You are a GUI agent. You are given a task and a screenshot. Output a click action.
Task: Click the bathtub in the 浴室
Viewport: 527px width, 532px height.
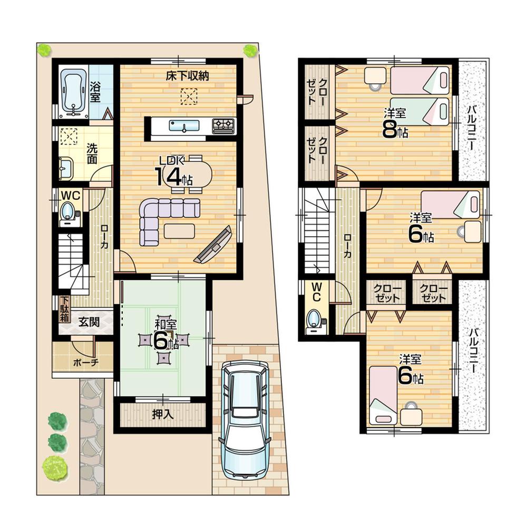click(x=73, y=91)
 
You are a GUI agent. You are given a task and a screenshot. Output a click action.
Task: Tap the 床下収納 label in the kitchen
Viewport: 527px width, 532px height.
click(x=188, y=76)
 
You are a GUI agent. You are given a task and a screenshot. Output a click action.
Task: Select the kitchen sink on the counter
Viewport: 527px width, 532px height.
click(x=184, y=125)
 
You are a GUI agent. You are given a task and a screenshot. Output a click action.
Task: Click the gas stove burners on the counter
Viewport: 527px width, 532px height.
click(x=223, y=125)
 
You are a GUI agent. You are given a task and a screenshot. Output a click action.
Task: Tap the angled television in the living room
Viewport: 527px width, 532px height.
click(x=213, y=246)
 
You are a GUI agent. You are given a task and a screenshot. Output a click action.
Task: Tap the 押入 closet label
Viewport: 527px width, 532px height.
click(x=163, y=414)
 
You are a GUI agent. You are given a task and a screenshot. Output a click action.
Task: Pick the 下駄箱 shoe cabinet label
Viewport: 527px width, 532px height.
click(x=63, y=309)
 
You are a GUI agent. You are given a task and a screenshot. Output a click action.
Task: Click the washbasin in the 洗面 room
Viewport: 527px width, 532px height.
click(x=65, y=169)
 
